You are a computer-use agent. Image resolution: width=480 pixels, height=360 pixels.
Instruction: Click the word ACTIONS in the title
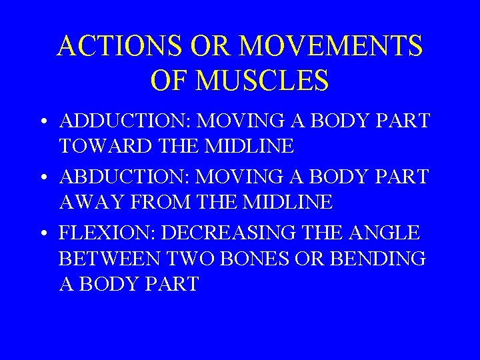pos(119,47)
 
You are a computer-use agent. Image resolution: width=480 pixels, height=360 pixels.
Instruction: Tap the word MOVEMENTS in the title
pos(330,47)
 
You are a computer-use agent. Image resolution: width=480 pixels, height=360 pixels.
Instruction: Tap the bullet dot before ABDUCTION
pos(43,178)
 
